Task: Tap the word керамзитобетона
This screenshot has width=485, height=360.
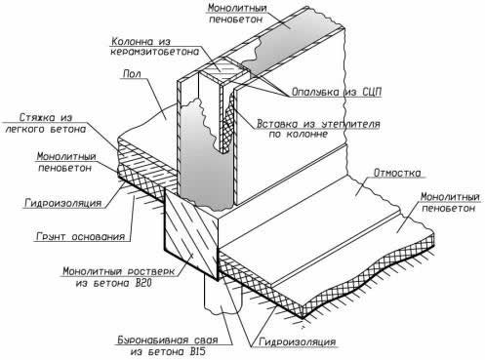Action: click(154, 52)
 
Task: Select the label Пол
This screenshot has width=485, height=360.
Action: click(132, 74)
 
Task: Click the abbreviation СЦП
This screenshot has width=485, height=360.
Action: click(371, 92)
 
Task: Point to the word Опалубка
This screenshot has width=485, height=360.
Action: click(315, 92)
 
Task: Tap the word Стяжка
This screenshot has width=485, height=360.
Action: click(37, 117)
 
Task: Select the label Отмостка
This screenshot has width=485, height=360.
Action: click(397, 173)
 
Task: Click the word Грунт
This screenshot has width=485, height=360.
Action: click(51, 236)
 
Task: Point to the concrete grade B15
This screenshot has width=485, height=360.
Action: click(196, 351)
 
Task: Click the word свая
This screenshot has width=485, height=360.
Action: click(207, 340)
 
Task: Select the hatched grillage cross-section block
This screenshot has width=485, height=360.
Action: click(191, 235)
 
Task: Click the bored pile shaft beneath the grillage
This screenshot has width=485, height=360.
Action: click(222, 296)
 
